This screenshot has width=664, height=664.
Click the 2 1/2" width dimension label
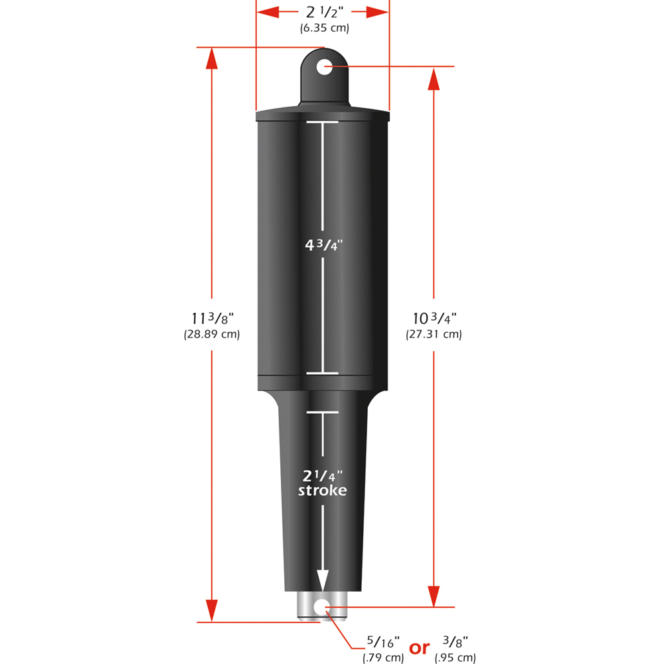[323, 12]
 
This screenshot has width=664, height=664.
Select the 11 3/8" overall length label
[211, 318]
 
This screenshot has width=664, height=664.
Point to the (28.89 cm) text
[211, 335]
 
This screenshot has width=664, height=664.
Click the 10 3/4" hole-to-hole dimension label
[434, 318]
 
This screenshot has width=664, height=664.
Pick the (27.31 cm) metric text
[434, 335]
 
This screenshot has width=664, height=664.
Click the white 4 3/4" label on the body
[323, 244]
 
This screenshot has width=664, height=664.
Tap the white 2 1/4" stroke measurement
[322, 475]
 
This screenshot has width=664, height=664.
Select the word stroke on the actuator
[322, 491]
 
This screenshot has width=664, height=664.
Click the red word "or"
[419, 647]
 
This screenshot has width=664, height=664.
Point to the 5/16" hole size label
[383, 643]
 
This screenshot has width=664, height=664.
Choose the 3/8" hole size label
[456, 643]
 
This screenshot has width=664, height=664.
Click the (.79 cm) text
[383, 658]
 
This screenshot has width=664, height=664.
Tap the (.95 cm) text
[456, 658]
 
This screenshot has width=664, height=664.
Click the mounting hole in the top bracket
[324, 66]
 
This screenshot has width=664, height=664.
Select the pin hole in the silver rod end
[323, 606]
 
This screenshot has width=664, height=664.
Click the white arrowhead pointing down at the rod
[323, 580]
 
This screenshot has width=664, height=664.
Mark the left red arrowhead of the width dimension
[268, 12]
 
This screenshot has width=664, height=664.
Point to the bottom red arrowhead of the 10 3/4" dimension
[434, 596]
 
